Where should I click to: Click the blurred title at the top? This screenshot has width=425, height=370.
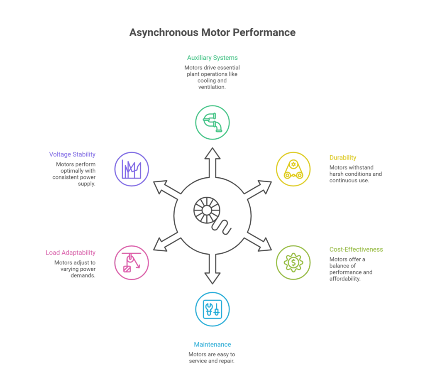click(x=212, y=32)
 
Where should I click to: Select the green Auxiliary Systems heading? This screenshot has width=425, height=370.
click(x=212, y=58)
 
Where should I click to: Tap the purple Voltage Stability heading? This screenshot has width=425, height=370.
click(x=72, y=154)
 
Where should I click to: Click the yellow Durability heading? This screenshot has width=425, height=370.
click(x=342, y=158)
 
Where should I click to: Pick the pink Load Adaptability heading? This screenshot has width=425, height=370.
click(x=70, y=252)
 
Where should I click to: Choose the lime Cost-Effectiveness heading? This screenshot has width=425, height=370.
click(x=356, y=250)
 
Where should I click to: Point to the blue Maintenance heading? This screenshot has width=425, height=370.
click(x=212, y=345)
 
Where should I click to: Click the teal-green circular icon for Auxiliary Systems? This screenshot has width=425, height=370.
click(x=212, y=123)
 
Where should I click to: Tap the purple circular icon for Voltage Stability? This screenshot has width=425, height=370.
click(x=131, y=169)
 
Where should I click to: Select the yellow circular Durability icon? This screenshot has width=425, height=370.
click(x=293, y=169)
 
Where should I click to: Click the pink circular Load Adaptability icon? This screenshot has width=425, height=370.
click(x=131, y=263)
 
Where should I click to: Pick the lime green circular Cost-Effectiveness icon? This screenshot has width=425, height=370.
click(x=293, y=262)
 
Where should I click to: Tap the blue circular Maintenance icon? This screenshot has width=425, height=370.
click(x=212, y=309)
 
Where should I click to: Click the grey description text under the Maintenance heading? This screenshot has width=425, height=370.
click(x=210, y=358)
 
